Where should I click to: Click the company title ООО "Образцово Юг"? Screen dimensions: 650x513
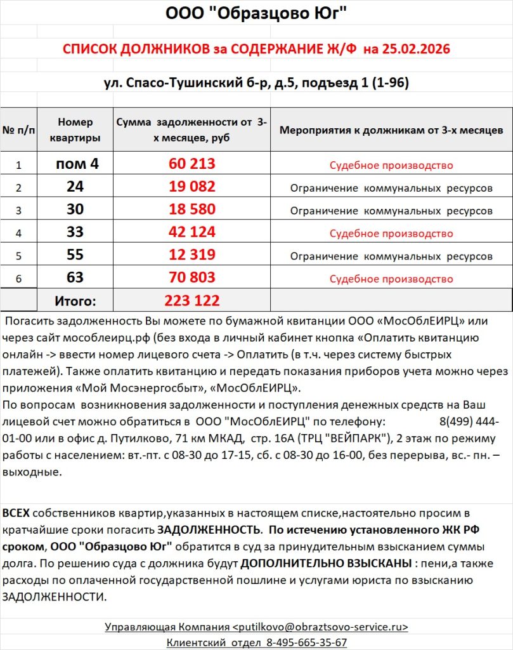click(x=256, y=14)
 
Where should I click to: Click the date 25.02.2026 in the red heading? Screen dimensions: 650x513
click(x=414, y=49)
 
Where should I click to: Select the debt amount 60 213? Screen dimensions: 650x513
click(x=192, y=164)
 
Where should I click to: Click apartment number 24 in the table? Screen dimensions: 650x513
click(x=75, y=187)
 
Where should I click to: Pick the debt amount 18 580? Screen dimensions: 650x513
click(x=192, y=209)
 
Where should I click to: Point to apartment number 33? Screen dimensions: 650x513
click(x=75, y=232)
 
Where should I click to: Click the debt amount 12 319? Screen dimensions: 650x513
click(x=192, y=255)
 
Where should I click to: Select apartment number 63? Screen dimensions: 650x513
click(x=75, y=278)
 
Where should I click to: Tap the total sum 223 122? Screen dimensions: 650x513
click(x=192, y=300)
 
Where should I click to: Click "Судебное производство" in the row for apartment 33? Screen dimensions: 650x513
click(x=391, y=234)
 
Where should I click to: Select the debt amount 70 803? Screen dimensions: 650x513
click(x=192, y=278)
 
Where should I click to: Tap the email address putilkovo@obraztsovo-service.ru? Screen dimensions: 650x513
click(x=322, y=627)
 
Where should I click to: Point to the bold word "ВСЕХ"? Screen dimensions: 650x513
click(x=16, y=513)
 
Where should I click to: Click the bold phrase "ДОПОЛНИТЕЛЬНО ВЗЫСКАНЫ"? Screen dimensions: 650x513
click(x=325, y=563)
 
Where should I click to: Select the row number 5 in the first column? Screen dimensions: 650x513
click(x=18, y=256)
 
